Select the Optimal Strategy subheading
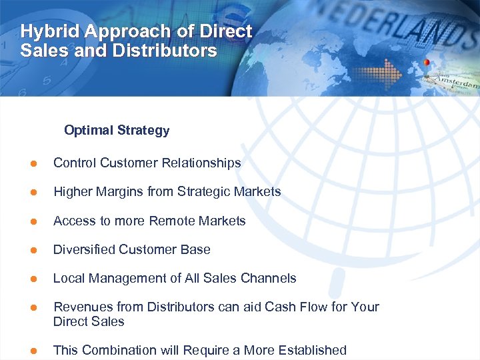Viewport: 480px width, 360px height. point(117,130)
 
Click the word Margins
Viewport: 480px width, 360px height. point(121,192)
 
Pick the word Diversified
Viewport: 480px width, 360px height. point(84,249)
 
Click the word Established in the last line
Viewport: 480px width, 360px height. point(313,350)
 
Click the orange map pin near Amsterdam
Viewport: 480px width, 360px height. point(426,65)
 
